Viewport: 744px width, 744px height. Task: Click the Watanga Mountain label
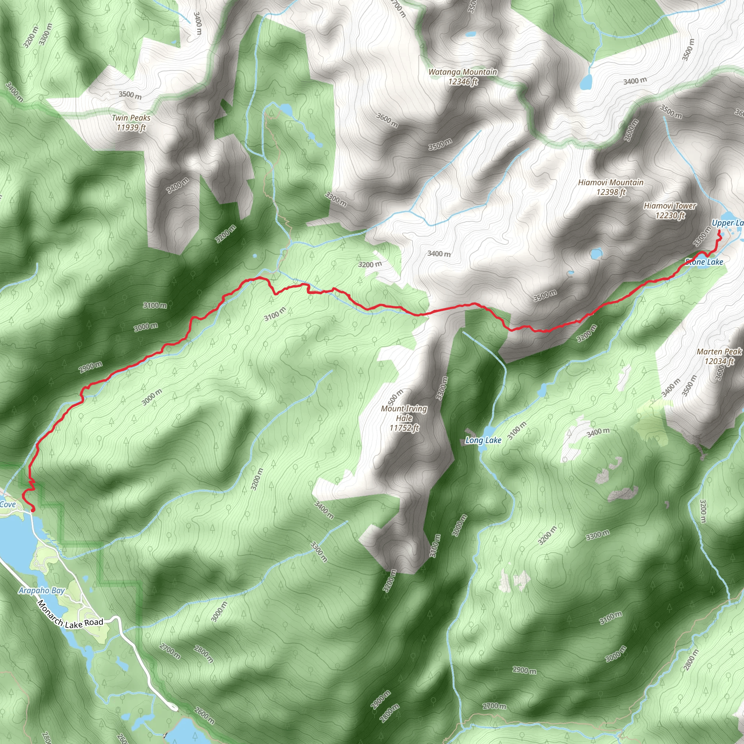462,77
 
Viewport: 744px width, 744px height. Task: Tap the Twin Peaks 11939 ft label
131,122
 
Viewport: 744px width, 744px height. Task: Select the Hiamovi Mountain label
611,187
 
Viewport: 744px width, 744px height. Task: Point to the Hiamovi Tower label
670,211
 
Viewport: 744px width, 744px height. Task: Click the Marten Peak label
719,356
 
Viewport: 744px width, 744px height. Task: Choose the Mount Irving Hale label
404,418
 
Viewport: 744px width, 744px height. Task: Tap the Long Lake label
483,440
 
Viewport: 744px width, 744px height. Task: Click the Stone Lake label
704,262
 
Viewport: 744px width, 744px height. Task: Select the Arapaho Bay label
41,590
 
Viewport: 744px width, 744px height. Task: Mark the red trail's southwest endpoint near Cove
33,510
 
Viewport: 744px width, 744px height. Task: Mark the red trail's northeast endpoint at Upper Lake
719,231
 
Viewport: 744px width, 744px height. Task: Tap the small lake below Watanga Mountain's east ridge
586,82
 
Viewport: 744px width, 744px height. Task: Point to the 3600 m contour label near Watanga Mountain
387,120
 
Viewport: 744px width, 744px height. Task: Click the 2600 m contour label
204,716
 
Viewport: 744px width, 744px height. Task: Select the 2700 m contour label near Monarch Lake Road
170,651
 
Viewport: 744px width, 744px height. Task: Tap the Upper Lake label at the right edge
727,223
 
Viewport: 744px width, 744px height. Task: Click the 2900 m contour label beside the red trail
91,367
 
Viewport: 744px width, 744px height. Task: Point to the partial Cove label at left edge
8,505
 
